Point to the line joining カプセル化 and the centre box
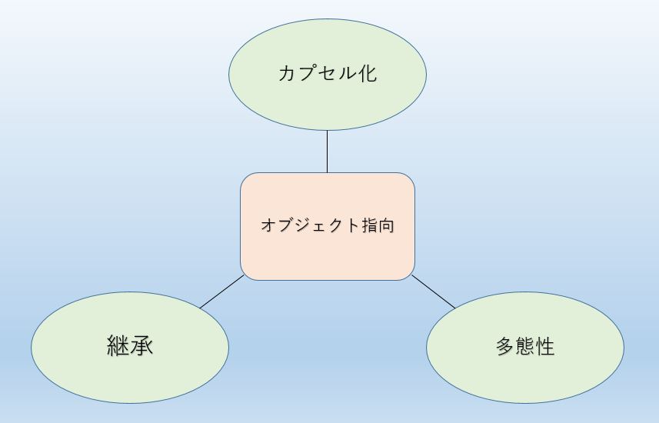point(328,152)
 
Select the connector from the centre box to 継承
point(222,291)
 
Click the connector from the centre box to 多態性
point(434,291)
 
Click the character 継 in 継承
point(118,345)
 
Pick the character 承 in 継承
point(141,345)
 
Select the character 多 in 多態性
point(506,346)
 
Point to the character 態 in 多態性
point(525,346)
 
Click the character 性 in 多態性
point(545,346)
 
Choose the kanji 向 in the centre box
point(387,225)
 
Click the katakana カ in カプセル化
point(288,73)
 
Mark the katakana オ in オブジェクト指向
point(269,225)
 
